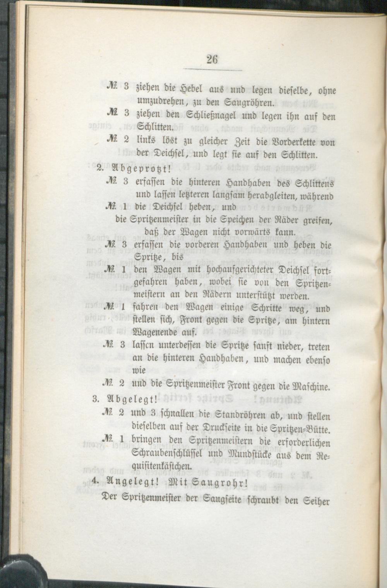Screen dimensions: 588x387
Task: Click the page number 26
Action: (212, 59)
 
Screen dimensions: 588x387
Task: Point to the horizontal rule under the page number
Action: (212, 70)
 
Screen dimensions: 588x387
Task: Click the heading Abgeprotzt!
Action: (140, 168)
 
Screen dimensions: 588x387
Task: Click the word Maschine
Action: (308, 386)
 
